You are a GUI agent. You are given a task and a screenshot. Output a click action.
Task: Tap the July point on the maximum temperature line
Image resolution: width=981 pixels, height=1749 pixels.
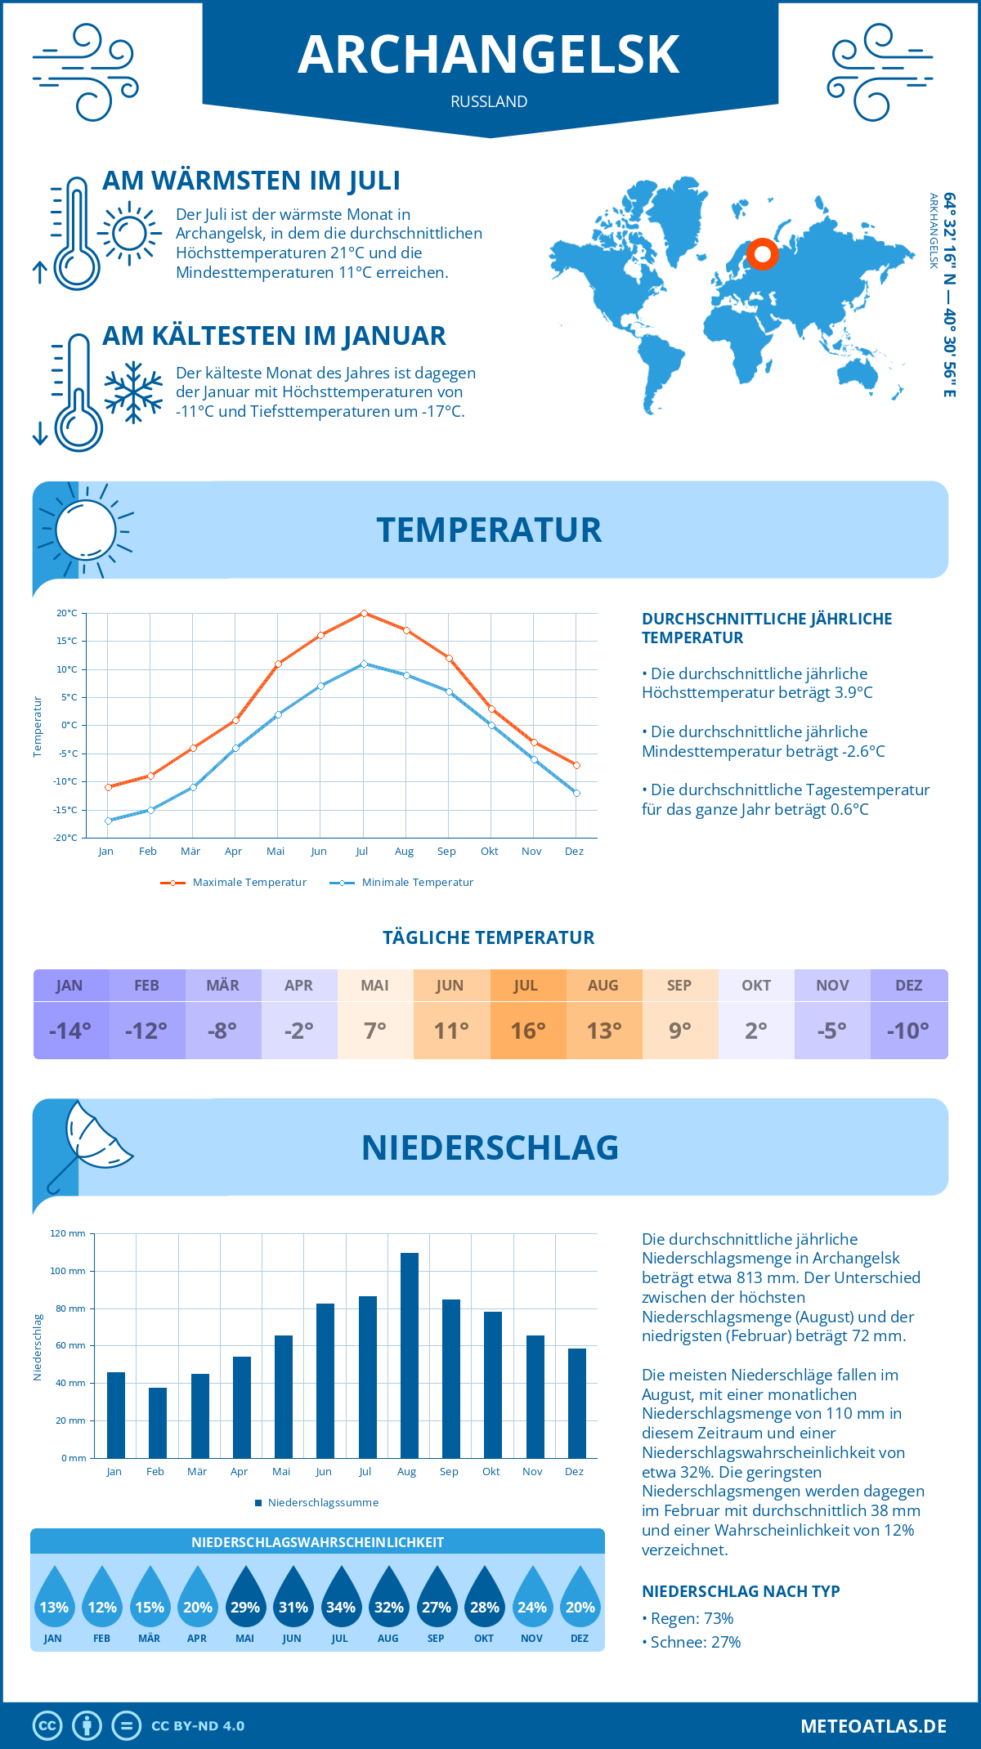(364, 613)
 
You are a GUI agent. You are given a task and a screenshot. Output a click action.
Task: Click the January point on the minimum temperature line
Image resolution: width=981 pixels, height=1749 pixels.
(108, 821)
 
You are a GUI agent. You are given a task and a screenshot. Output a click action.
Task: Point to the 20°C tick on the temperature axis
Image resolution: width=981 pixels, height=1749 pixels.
(67, 613)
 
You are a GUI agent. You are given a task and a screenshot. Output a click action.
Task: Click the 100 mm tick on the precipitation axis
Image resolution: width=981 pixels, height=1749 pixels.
(68, 1271)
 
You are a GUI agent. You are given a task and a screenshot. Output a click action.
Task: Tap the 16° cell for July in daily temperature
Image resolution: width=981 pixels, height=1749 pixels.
(528, 1031)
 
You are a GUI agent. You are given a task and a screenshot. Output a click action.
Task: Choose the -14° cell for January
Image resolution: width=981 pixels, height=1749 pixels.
(70, 1031)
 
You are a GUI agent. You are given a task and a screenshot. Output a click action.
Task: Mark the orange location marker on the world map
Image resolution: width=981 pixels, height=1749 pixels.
(763, 254)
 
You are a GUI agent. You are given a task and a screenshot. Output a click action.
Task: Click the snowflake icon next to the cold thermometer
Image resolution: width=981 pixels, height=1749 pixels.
(133, 392)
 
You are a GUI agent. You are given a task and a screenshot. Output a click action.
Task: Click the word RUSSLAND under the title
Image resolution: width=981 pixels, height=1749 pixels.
(489, 101)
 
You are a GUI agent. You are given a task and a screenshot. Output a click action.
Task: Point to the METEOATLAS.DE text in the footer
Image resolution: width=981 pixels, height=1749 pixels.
(873, 1726)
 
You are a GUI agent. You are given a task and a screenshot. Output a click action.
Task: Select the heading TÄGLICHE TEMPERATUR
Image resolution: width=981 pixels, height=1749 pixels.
(489, 937)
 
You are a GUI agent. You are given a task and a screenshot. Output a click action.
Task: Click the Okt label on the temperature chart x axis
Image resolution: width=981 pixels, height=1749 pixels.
(489, 852)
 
